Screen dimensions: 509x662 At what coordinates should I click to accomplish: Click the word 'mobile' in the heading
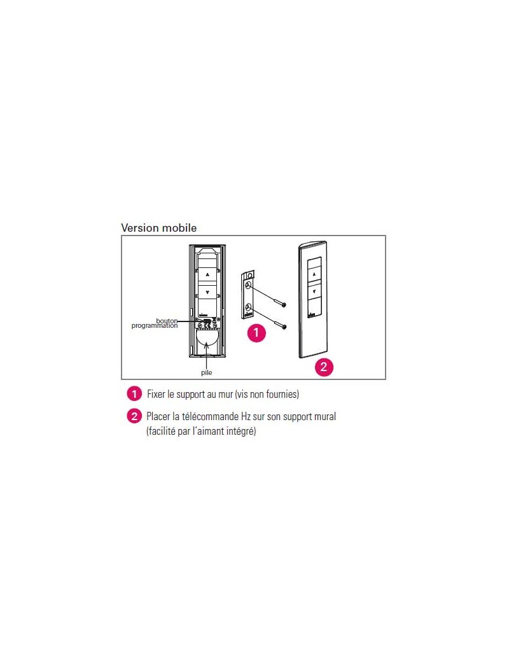point(179,228)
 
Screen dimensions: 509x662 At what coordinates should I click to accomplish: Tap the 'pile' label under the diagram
point(206,373)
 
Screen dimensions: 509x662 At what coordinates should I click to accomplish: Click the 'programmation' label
point(155,326)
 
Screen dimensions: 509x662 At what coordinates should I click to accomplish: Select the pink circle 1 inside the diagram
point(256,333)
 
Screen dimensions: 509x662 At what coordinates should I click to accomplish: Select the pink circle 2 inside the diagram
point(324,367)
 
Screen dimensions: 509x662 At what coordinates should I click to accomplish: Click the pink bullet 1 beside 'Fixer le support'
point(134,394)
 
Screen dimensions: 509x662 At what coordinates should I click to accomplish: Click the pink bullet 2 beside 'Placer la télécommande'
point(134,416)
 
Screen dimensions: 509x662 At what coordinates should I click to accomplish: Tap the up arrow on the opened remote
point(207,275)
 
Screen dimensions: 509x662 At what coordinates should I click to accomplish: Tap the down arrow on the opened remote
point(207,292)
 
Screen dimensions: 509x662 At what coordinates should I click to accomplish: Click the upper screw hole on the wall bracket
point(249,286)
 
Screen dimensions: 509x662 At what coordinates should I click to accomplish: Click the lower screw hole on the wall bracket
point(249,308)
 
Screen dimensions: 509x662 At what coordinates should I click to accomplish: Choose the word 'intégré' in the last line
point(241,432)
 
